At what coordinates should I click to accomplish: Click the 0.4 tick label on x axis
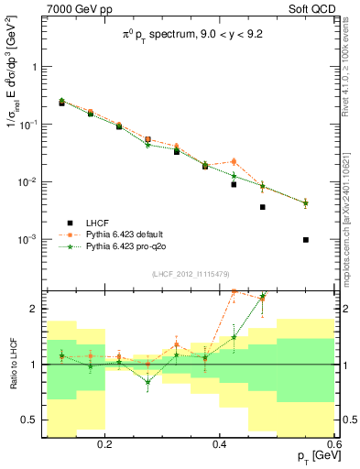[220, 443]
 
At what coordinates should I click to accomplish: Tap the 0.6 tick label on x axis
[333, 443]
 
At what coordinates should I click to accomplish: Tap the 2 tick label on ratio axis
[36, 309]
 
